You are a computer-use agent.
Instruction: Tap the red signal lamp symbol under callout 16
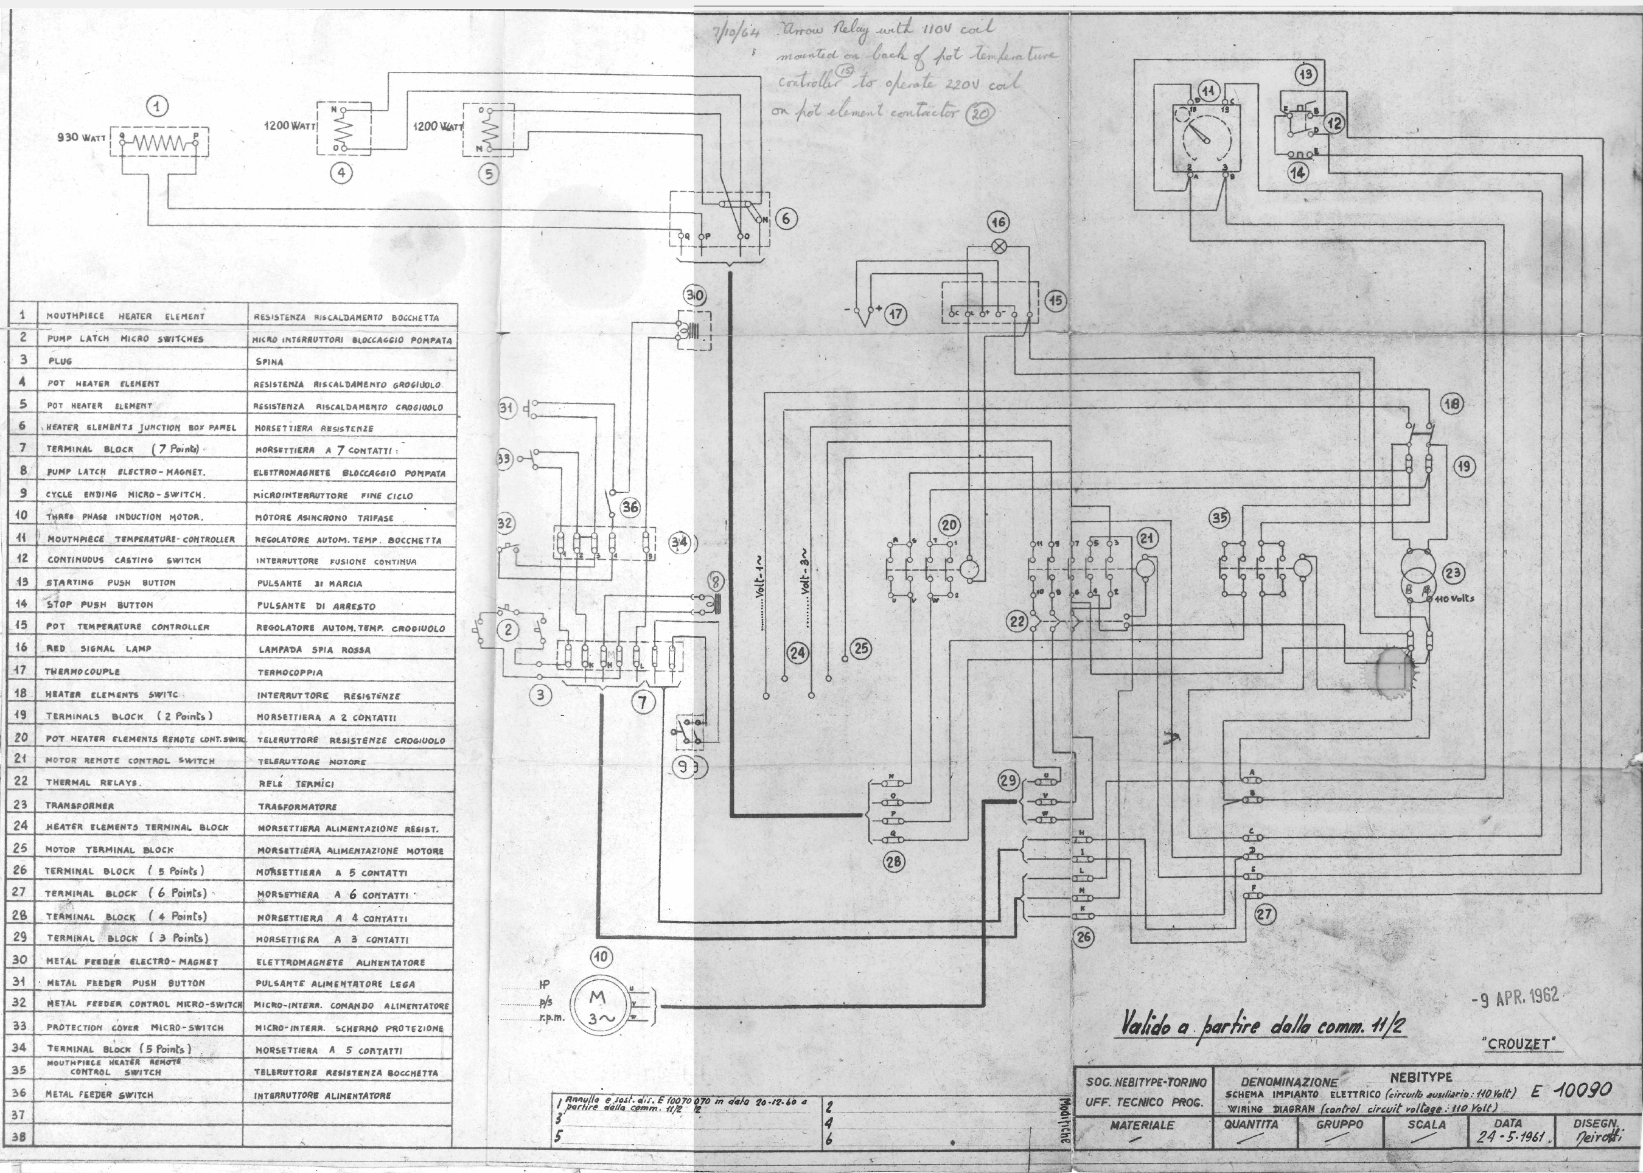(x=1000, y=246)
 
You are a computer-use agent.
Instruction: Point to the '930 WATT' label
(x=81, y=137)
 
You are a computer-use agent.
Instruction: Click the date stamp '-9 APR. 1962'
(x=1515, y=998)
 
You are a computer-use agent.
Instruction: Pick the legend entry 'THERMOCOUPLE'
(x=82, y=672)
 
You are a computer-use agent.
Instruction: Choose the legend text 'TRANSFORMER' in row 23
(x=80, y=806)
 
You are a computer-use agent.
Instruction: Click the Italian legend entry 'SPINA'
(x=270, y=361)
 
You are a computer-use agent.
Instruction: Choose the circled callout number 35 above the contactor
(x=1220, y=518)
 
